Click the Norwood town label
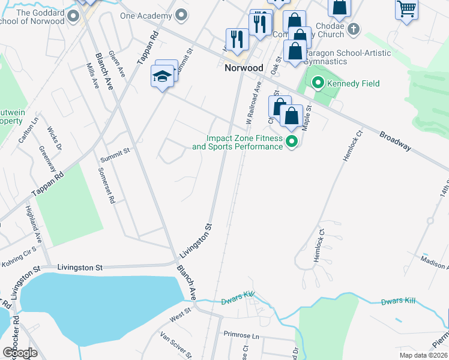tap(244, 68)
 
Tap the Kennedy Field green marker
tap(318, 83)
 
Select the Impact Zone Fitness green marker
tap(292, 142)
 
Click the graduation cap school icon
tap(162, 76)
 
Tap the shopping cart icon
tap(407, 9)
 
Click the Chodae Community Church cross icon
tap(354, 28)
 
